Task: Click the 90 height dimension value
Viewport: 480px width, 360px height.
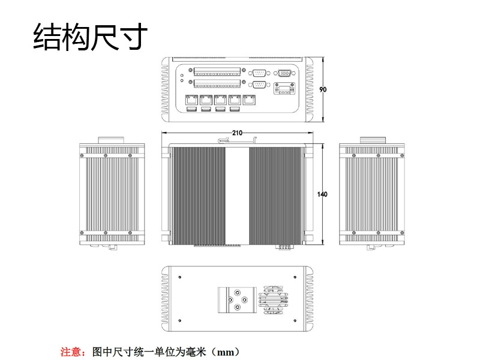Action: pyautogui.click(x=323, y=89)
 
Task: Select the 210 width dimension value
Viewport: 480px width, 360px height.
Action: pyautogui.click(x=237, y=133)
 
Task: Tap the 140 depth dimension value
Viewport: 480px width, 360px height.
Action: pyautogui.click(x=322, y=194)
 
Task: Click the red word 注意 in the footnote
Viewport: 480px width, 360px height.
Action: pyautogui.click(x=72, y=352)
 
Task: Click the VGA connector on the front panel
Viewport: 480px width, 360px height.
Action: pyautogui.click(x=284, y=73)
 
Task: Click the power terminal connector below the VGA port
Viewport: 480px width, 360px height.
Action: pyautogui.click(x=284, y=91)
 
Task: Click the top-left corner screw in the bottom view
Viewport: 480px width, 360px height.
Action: pyautogui.click(x=181, y=277)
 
